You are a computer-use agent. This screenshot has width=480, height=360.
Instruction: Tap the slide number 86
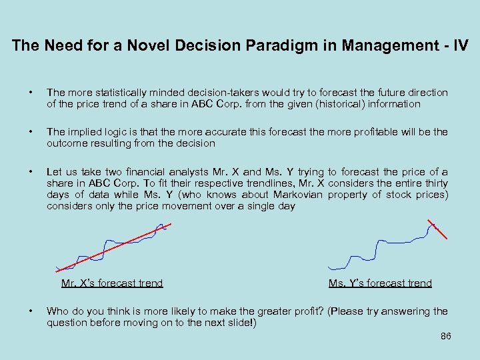pyautogui.click(x=446, y=337)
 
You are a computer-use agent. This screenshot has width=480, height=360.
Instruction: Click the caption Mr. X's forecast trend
pyautogui.click(x=112, y=283)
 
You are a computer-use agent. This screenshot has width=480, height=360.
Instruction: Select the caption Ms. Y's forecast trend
pyautogui.click(x=380, y=283)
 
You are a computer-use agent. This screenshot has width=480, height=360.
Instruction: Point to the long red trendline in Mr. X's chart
pyautogui.click(x=113, y=247)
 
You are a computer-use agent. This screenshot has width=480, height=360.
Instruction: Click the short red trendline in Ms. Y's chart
pyautogui.click(x=437, y=229)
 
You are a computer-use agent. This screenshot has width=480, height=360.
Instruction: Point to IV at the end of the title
pyautogui.click(x=461, y=46)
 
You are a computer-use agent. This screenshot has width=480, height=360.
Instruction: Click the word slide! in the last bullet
pyautogui.click(x=241, y=323)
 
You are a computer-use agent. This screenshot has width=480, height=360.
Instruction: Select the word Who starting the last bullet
pyautogui.click(x=57, y=311)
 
